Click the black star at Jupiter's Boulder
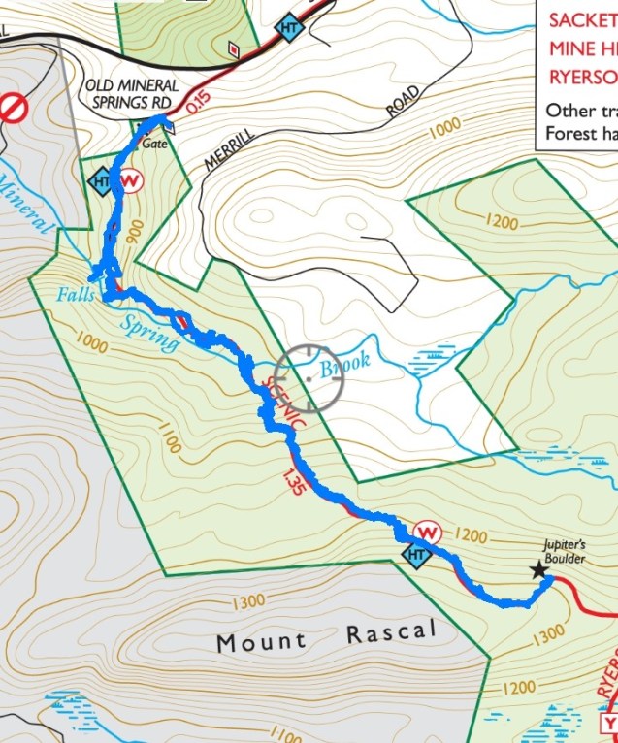[538, 571]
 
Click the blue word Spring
[150, 331]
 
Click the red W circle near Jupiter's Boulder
[427, 533]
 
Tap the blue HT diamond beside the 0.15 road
[287, 28]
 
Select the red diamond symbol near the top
[233, 48]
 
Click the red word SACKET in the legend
[581, 19]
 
